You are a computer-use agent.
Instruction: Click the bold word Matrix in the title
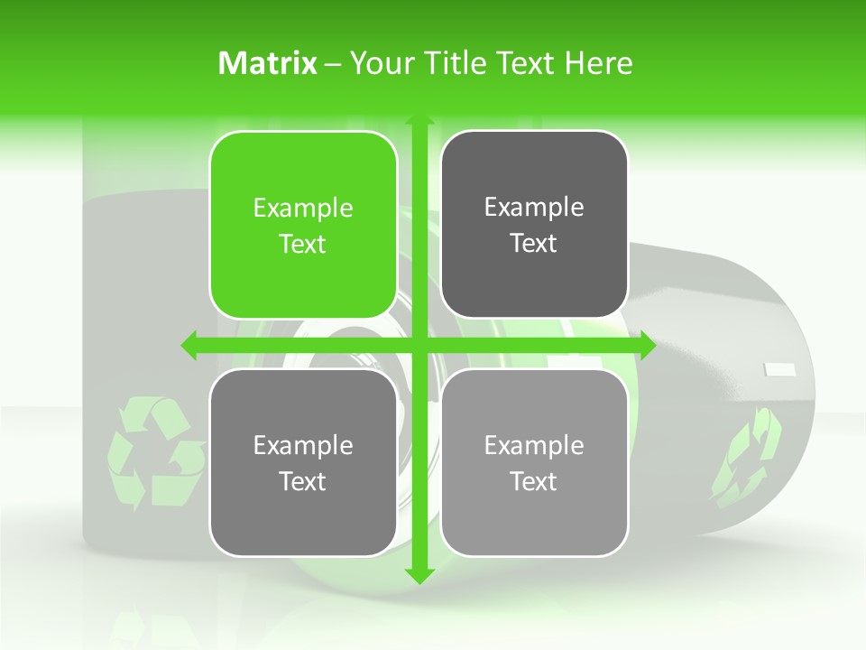click(x=268, y=63)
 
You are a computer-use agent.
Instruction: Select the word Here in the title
click(x=598, y=63)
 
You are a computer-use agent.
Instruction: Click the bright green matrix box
click(x=303, y=225)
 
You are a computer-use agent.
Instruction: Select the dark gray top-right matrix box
click(x=534, y=224)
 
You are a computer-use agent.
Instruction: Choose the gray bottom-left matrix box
click(x=303, y=462)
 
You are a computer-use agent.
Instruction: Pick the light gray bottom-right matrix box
click(x=534, y=462)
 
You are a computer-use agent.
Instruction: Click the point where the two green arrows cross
click(x=419, y=344)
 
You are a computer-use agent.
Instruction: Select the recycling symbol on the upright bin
click(x=153, y=451)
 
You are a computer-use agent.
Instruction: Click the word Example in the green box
click(x=303, y=208)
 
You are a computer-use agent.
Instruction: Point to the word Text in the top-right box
click(x=534, y=243)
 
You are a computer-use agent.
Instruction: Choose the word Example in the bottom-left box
click(x=303, y=445)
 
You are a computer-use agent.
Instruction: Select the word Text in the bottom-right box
click(x=534, y=481)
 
